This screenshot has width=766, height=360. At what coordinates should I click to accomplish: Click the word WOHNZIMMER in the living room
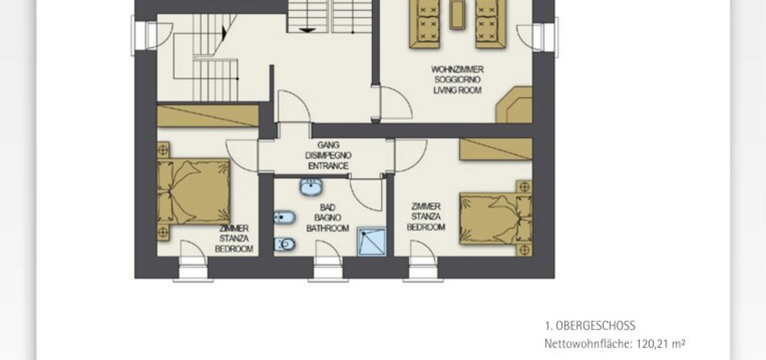pyautogui.click(x=457, y=69)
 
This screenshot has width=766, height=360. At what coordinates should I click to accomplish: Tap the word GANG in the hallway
pyautogui.click(x=328, y=145)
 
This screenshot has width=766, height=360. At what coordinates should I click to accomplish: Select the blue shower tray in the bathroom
pyautogui.click(x=372, y=242)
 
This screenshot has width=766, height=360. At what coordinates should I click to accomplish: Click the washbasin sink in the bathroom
pyautogui.click(x=311, y=187)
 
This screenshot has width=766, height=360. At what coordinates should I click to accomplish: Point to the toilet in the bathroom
pyautogui.click(x=285, y=244)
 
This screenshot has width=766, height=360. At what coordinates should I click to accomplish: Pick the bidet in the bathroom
pyautogui.click(x=285, y=218)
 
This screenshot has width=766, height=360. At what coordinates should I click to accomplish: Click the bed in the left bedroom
pyautogui.click(x=193, y=191)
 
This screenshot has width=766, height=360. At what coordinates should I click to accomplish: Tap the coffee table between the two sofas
pyautogui.click(x=457, y=15)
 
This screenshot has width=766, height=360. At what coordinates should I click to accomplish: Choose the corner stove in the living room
pyautogui.click(x=515, y=105)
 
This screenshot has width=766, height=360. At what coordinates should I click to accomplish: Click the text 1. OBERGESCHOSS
pyautogui.click(x=590, y=326)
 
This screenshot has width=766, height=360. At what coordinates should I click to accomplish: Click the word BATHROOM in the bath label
pyautogui.click(x=328, y=228)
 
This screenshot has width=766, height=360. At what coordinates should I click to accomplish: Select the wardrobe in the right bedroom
pyautogui.click(x=496, y=149)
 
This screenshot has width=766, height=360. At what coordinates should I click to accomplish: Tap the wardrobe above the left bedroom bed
pyautogui.click(x=208, y=116)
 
